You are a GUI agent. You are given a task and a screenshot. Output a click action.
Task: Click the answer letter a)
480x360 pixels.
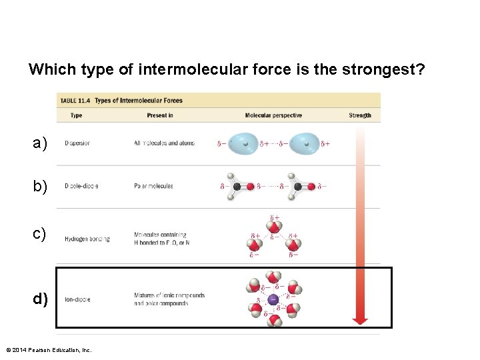(40, 143)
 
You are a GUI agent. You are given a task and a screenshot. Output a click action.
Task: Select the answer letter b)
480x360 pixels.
(40, 187)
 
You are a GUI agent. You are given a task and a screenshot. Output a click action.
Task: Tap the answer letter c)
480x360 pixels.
(40, 234)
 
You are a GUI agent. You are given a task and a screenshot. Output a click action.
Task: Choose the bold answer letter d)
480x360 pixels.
(41, 299)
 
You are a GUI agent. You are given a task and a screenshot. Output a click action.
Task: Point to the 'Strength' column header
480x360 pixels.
(359, 115)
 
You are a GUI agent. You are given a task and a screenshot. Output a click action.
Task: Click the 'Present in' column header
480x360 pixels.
(160, 115)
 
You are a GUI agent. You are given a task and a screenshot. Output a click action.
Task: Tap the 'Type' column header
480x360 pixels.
(76, 115)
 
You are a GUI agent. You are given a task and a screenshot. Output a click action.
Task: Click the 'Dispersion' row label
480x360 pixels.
(77, 143)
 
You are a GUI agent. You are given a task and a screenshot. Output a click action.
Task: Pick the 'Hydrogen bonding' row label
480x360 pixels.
(87, 239)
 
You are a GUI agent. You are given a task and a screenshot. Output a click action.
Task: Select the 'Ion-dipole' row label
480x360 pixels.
(77, 299)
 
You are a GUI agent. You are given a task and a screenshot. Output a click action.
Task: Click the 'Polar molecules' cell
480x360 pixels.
(153, 186)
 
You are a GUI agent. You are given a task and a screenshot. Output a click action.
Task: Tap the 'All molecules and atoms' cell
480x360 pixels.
(164, 143)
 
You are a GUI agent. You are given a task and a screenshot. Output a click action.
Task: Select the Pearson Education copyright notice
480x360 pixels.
(48, 350)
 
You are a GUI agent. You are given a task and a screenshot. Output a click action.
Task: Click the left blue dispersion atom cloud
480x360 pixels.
(246, 143)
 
